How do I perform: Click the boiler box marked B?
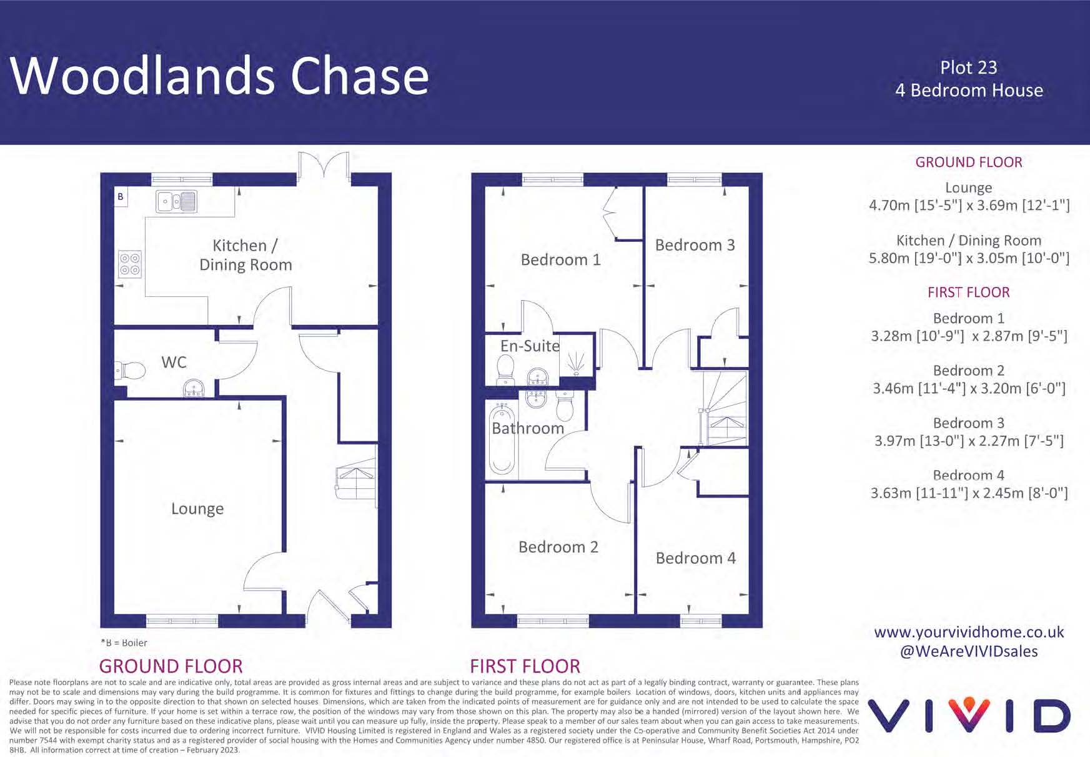[121, 196]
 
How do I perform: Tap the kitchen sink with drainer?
[177, 201]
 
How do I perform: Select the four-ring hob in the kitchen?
[130, 264]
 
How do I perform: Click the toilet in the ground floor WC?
[131, 370]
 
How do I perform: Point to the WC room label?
[174, 363]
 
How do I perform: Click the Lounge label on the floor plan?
[197, 509]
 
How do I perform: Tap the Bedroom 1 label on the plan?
[560, 259]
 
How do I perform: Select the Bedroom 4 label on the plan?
[695, 558]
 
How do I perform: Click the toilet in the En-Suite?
[505, 369]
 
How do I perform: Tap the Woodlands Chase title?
[219, 76]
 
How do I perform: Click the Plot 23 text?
[968, 68]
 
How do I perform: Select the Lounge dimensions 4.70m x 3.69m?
[969, 206]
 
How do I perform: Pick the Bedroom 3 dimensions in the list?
[969, 441]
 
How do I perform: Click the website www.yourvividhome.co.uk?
[969, 632]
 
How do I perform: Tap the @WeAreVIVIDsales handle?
[969, 651]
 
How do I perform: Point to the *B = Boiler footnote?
[124, 643]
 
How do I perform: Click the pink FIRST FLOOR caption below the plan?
[525, 666]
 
